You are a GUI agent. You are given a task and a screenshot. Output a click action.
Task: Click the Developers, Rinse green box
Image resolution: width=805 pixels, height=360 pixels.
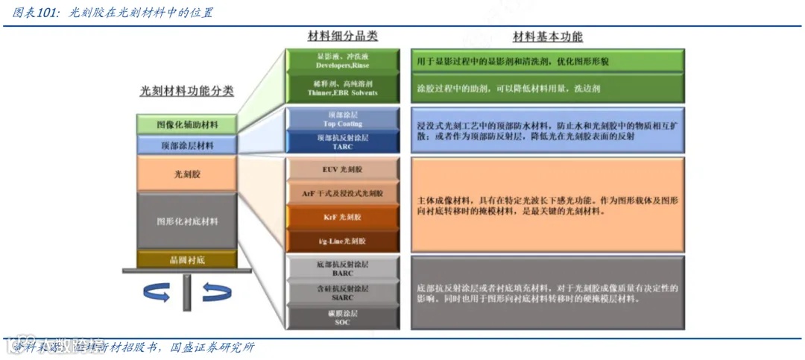(343, 60)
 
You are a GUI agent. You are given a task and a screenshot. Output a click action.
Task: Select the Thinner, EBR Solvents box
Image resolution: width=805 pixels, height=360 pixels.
(343, 88)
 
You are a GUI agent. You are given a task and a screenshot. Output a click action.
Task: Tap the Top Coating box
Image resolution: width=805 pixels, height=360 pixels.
(343, 119)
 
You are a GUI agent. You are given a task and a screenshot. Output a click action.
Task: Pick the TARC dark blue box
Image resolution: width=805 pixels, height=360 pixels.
(343, 142)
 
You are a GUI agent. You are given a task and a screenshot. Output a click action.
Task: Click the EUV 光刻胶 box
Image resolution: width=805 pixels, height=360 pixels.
(343, 170)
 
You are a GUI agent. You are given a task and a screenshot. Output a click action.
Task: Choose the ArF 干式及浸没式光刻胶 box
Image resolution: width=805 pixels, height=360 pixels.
(343, 193)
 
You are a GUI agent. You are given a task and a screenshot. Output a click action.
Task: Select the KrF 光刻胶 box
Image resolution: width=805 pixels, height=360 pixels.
(343, 217)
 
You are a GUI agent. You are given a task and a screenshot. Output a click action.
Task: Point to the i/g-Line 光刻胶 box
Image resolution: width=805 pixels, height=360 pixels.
(343, 241)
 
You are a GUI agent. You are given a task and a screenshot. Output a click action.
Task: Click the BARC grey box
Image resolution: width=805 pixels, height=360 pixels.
(343, 267)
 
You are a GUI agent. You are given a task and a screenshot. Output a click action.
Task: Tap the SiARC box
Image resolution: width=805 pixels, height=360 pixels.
(343, 292)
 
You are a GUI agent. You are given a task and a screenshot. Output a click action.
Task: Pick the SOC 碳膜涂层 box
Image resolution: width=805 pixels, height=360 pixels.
(343, 318)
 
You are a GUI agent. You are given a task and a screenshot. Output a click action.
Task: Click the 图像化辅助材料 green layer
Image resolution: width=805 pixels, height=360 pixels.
(187, 124)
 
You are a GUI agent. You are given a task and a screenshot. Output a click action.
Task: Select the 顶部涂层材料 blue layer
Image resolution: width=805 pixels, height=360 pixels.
(187, 145)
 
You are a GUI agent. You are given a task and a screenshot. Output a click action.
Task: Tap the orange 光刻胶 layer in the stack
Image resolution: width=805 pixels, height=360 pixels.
(187, 174)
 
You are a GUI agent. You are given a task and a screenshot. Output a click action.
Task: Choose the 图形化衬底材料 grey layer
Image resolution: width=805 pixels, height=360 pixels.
(187, 221)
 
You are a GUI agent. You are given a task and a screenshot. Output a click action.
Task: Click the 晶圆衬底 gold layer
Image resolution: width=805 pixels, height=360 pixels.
(187, 259)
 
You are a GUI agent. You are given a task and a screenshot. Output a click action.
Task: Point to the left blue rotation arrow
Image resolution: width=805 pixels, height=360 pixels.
(157, 293)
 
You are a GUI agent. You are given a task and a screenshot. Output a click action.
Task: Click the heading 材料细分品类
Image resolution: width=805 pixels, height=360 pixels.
(343, 37)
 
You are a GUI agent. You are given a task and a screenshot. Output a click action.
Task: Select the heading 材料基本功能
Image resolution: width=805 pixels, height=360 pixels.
(548, 37)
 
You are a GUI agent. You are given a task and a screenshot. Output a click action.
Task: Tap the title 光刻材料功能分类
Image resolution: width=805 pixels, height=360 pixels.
(187, 91)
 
